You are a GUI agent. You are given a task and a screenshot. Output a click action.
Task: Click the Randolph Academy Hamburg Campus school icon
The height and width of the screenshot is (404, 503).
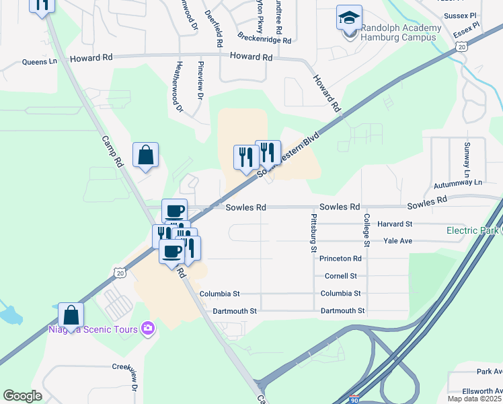(349, 18)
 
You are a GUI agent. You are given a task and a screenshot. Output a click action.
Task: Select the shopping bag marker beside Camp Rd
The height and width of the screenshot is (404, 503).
(145, 156)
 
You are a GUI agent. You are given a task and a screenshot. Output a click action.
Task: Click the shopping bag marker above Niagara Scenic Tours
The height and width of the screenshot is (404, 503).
(71, 316)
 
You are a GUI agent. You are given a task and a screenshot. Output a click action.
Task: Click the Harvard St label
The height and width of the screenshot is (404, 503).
(395, 224)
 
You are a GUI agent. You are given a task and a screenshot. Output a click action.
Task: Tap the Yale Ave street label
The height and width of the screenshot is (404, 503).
(397, 240)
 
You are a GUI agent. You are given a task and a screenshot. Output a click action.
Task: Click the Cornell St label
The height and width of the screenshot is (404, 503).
(340, 276)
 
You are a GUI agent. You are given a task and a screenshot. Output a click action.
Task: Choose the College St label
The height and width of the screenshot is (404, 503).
(367, 229)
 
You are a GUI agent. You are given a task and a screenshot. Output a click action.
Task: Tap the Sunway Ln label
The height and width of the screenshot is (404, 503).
(467, 155)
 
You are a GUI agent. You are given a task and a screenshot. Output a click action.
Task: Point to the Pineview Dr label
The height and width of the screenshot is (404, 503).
(200, 81)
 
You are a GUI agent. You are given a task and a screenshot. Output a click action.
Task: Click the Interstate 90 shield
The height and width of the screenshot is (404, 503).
(354, 399)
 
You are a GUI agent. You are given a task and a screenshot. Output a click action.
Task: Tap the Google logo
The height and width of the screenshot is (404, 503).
(23, 395)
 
